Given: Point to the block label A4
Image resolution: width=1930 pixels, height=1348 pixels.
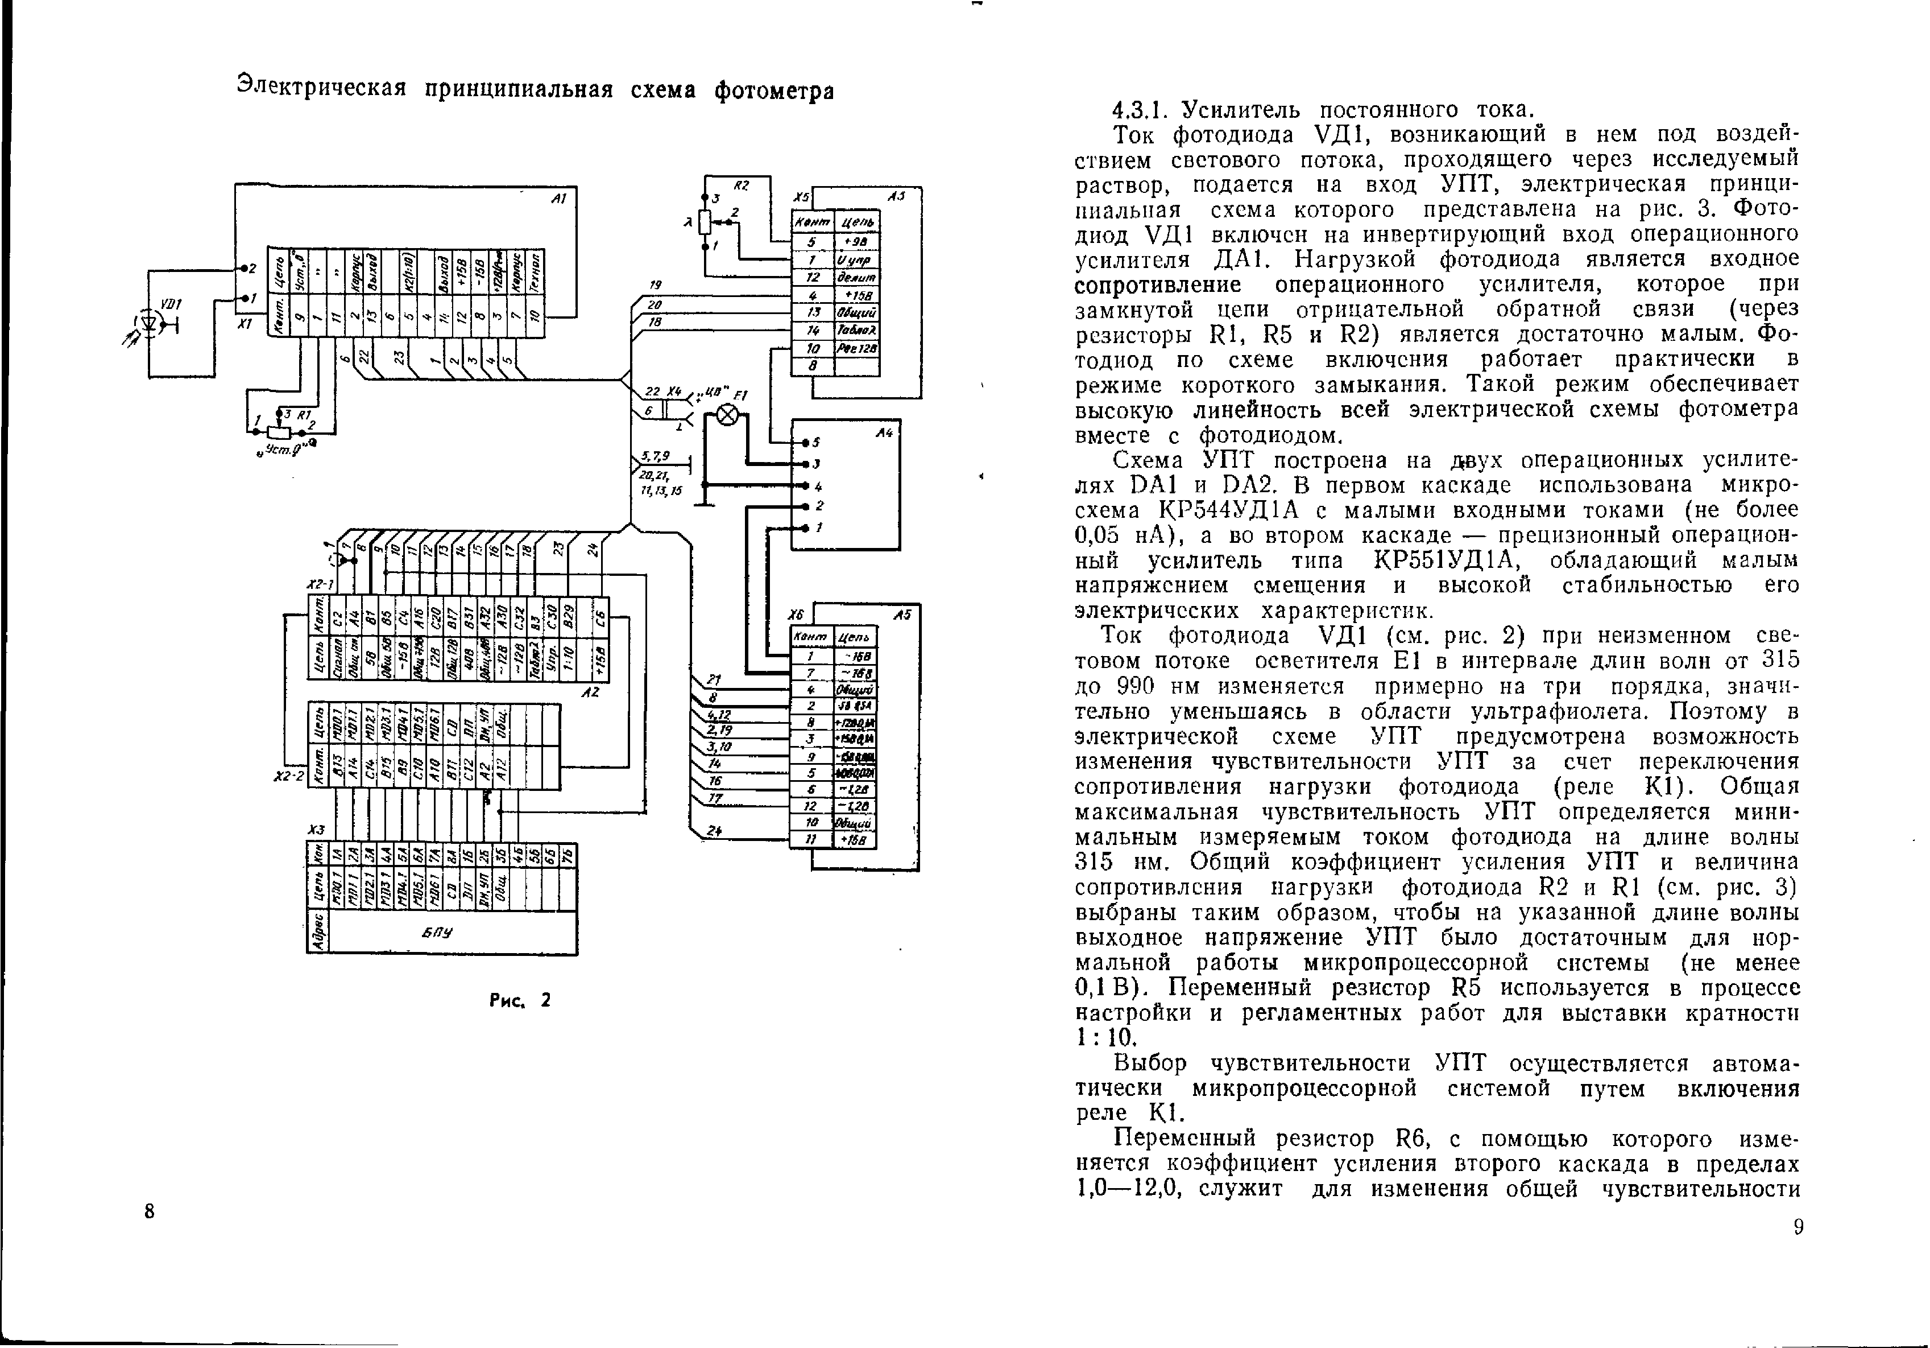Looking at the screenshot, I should click(884, 433).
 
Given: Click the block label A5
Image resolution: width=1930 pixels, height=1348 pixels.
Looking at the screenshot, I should click(902, 615).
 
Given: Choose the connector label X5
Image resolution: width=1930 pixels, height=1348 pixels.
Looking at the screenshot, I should click(801, 197).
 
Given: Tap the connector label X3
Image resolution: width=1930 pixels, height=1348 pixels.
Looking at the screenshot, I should click(316, 830).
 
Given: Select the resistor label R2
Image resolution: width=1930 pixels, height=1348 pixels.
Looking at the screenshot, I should click(740, 184).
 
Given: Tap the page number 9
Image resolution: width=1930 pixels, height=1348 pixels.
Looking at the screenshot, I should click(1798, 1227).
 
